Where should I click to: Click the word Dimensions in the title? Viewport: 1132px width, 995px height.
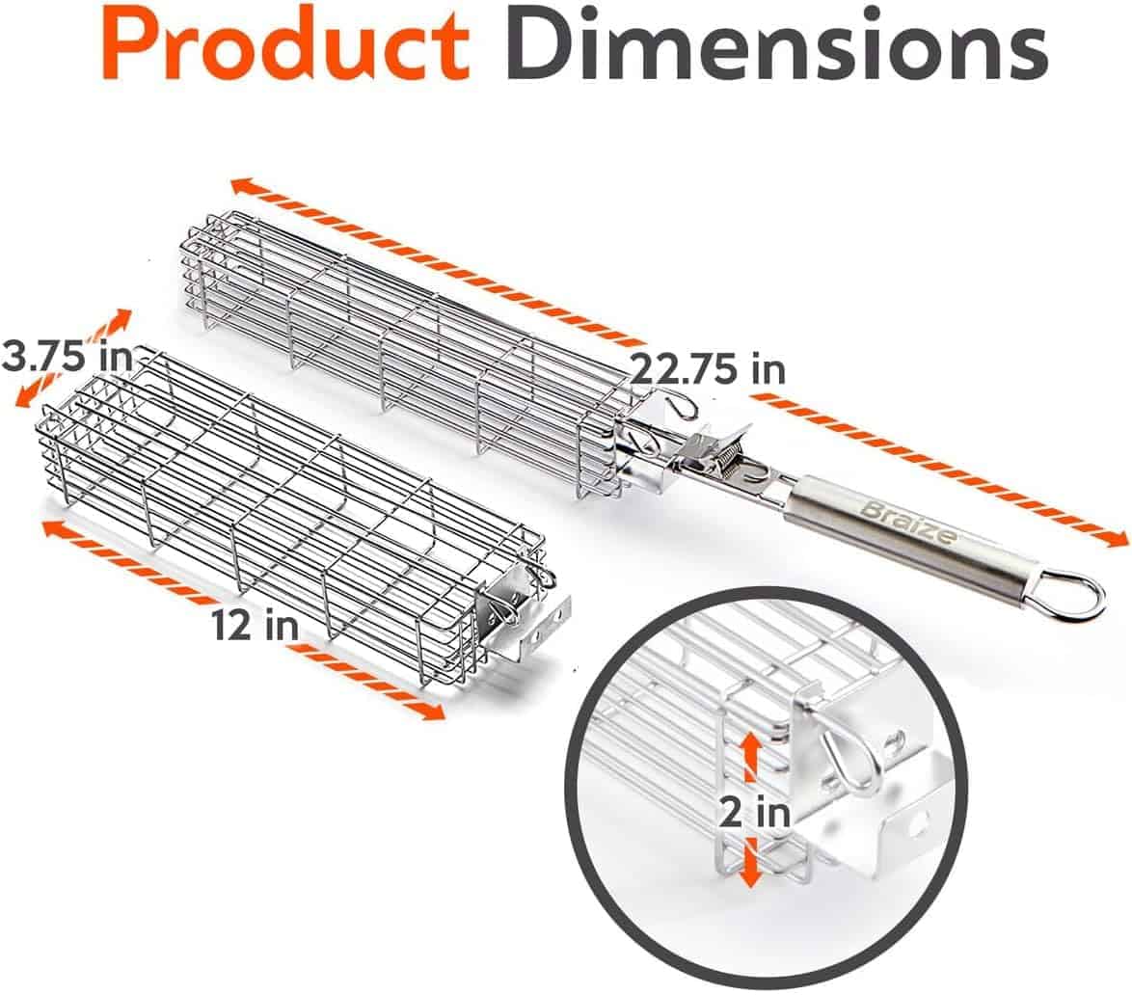[776, 44]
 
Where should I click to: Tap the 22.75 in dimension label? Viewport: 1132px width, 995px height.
[708, 369]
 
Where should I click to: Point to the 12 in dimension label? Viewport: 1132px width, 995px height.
[255, 623]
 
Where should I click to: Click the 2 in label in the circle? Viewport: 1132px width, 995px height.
[754, 814]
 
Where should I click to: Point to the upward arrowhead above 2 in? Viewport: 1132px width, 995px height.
[751, 744]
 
